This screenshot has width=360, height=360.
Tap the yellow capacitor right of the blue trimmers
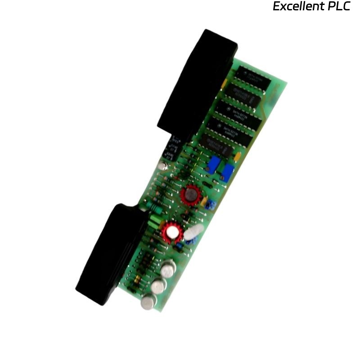[x=237, y=156]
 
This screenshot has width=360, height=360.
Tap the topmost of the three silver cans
[x=168, y=270]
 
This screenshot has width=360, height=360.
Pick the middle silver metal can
[x=158, y=286]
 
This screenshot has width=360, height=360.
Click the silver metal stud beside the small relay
[x=163, y=167]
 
